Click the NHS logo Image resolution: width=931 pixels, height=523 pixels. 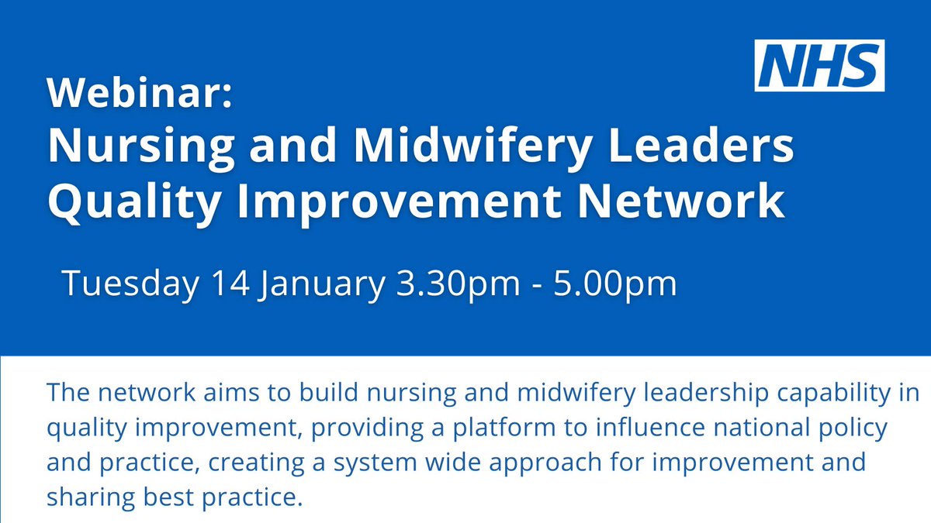(819, 66)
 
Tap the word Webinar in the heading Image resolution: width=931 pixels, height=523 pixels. (138, 95)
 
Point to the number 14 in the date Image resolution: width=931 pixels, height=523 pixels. (229, 283)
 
